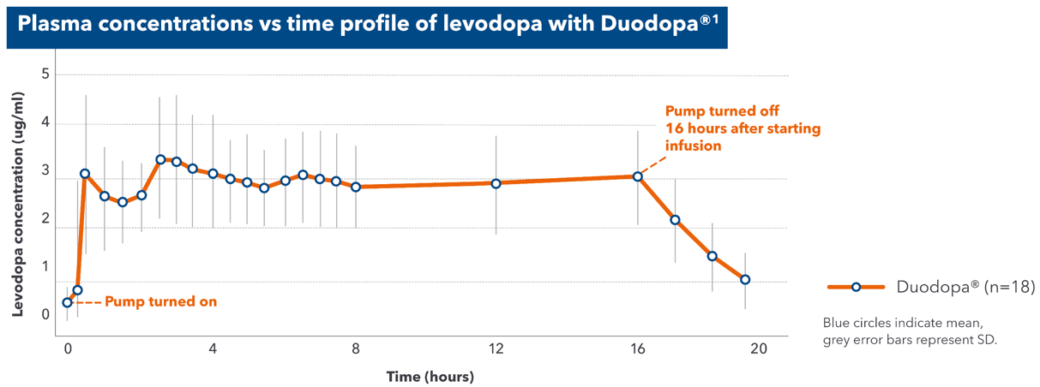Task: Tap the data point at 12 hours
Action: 496,183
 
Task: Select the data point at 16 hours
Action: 637,176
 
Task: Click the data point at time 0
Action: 68,302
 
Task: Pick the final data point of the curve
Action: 745,280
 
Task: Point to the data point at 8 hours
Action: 356,187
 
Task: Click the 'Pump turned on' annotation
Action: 160,301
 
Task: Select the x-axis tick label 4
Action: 213,348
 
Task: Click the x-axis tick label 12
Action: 496,348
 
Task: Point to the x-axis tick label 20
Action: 758,348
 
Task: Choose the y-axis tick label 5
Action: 45,74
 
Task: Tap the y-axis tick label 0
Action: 45,315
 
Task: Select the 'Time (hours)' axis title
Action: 430,376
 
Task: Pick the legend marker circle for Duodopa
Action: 856,287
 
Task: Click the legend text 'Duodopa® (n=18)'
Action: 965,287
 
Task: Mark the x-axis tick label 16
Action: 637,348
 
